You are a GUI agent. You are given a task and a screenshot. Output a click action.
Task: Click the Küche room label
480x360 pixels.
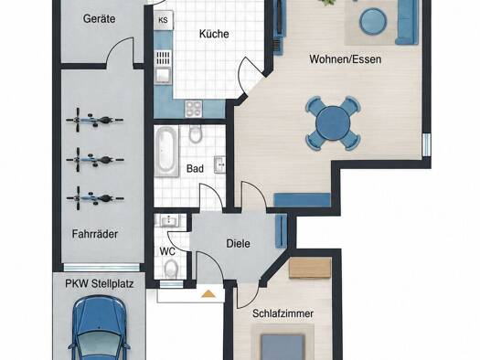point(214,34)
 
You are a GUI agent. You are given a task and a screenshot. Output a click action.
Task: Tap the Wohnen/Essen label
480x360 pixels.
point(346,59)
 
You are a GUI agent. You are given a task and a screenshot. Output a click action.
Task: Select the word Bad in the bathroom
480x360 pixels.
point(195,168)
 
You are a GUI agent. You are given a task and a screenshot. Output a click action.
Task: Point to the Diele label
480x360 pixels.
point(238,244)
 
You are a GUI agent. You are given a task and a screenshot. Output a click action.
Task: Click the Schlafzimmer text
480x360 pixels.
point(283,313)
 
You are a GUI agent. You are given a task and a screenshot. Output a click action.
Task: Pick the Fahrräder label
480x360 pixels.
point(95,234)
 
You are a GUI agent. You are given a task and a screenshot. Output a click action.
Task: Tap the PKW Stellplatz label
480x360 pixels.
point(100,284)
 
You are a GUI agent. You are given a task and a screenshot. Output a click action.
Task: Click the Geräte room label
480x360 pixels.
point(99,18)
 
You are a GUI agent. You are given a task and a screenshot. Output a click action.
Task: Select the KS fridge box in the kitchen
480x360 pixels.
point(164,20)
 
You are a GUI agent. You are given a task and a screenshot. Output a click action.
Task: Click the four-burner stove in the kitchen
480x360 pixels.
point(193,109)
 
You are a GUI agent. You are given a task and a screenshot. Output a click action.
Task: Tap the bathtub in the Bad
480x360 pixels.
point(166,152)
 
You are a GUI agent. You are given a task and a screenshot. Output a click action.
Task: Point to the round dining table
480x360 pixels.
point(333,123)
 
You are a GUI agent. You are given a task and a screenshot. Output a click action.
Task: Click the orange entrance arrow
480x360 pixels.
point(208,293)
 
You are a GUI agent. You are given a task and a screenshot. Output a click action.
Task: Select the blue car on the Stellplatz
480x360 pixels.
point(99,328)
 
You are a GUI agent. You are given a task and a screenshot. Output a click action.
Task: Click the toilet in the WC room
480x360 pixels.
point(171,269)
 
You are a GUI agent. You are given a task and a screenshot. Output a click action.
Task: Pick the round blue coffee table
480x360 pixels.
point(372,21)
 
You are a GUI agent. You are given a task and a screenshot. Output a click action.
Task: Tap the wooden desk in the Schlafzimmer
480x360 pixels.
point(310,269)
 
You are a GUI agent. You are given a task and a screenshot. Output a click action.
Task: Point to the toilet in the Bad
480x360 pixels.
point(195,133)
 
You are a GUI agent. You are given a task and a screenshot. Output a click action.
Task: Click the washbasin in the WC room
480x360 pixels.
point(168,220)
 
